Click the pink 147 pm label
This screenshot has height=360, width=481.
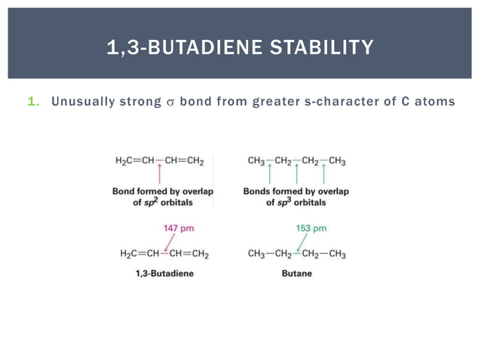(x=179, y=227)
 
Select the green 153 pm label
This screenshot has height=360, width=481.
(x=310, y=227)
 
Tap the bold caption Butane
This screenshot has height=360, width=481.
(x=297, y=273)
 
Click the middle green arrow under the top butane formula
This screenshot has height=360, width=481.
(x=297, y=175)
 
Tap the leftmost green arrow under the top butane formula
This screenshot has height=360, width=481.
(x=269, y=175)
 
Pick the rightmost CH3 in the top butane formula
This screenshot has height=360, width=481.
(x=336, y=160)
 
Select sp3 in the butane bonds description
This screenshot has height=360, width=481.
(x=283, y=203)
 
